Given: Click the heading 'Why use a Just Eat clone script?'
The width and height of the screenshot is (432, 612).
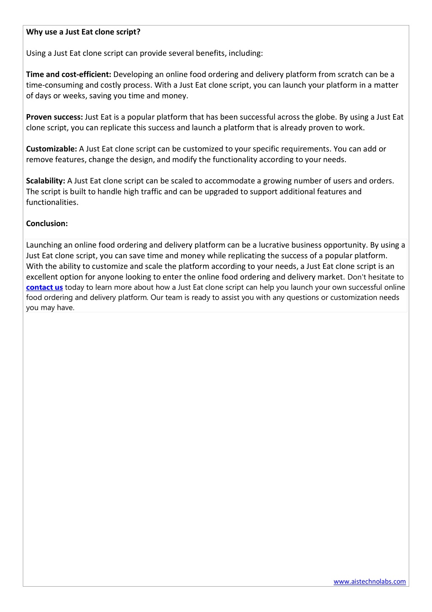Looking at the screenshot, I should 83,32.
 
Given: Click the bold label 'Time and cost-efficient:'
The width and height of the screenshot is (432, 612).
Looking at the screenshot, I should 68,74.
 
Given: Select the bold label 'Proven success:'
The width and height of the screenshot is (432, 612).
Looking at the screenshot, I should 54,117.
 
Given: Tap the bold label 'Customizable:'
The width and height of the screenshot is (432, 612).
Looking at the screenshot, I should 52,149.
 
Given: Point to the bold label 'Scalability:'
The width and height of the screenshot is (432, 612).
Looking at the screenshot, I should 46,181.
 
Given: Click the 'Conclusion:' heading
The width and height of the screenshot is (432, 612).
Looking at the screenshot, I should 47,224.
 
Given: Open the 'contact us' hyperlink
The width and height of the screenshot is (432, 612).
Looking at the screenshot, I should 44,287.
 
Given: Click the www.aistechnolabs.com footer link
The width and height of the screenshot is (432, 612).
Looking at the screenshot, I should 370,582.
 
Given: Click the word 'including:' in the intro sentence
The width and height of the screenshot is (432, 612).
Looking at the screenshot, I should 246,53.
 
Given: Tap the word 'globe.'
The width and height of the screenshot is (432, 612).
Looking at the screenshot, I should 326,117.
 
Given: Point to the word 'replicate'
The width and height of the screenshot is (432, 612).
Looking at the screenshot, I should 114,128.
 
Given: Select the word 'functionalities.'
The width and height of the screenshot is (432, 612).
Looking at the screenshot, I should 52,202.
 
